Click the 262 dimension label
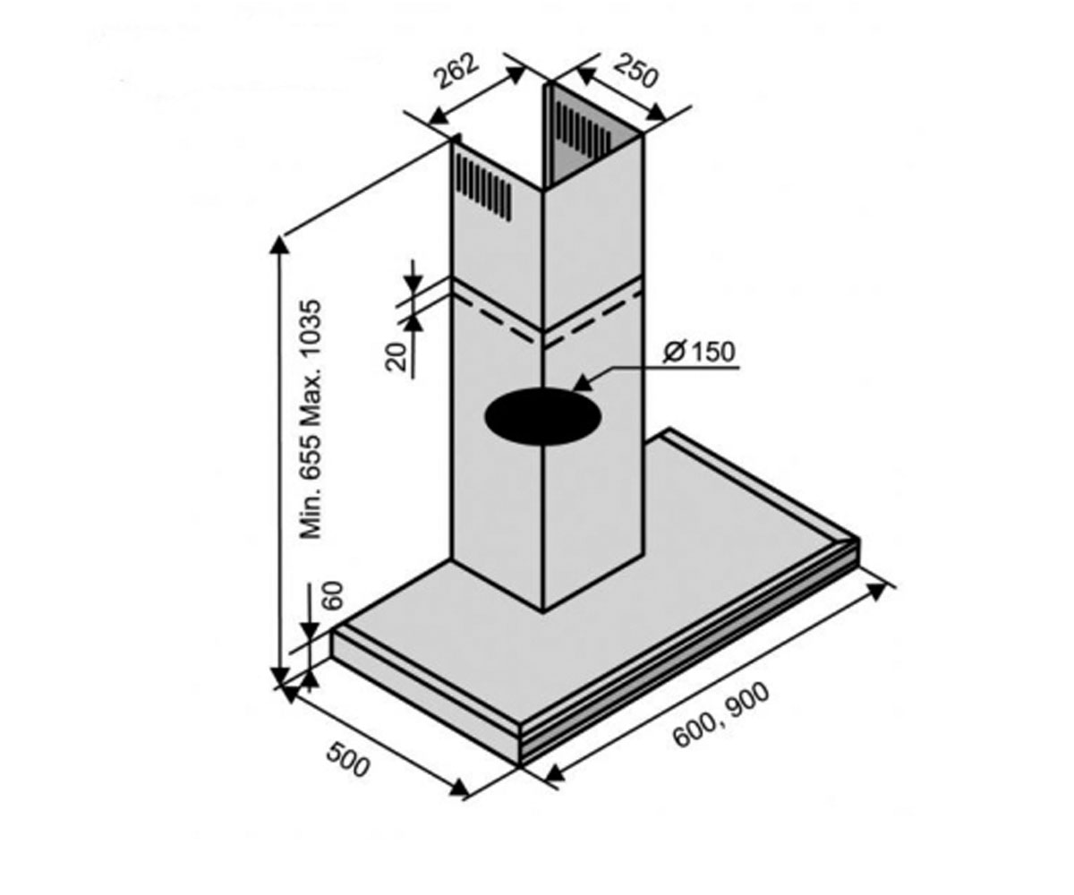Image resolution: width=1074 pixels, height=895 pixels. pos(456,71)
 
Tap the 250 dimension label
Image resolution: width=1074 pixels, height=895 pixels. pos(636,71)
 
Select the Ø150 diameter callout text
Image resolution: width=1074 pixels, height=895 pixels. pos(700,353)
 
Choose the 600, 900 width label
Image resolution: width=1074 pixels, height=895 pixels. pos(721,715)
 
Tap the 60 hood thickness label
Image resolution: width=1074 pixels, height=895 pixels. pos(334,595)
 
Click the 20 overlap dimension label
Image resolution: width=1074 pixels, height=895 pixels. pos(396,356)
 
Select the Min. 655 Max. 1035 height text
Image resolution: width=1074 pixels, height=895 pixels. pos(311,419)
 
